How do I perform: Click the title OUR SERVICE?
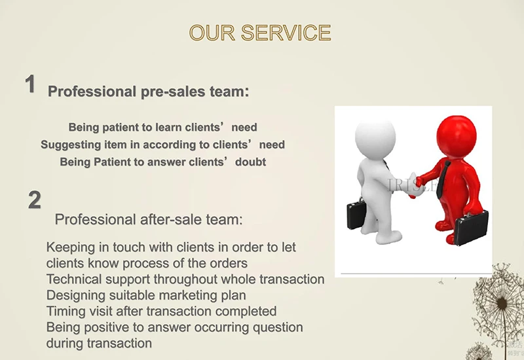(260, 33)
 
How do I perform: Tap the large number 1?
(30, 84)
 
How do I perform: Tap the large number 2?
(35, 200)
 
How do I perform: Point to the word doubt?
(251, 162)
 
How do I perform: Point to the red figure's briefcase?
(471, 228)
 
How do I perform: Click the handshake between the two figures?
(415, 185)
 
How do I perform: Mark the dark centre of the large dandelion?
(502, 303)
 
